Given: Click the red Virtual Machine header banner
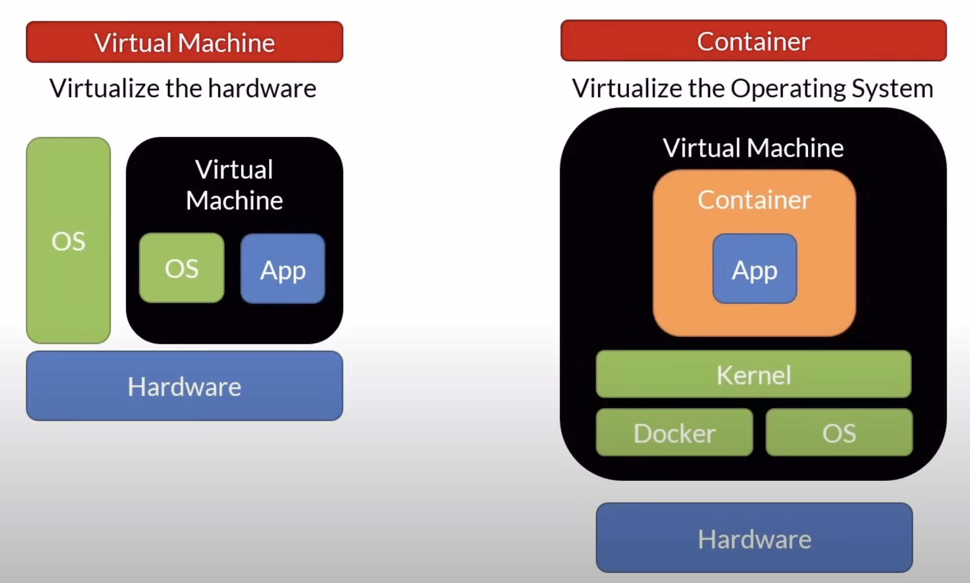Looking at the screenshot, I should [184, 42].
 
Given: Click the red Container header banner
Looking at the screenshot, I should [753, 41].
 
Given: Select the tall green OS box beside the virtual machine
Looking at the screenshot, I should [68, 240].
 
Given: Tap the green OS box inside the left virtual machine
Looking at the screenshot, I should [181, 268].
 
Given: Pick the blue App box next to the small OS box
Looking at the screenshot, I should [282, 269].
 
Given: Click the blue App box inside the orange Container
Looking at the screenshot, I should [754, 269].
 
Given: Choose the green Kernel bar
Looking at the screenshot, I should [753, 374].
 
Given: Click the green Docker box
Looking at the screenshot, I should [674, 432].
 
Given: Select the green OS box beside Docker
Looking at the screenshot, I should [839, 432].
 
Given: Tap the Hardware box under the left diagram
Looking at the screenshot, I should [184, 386].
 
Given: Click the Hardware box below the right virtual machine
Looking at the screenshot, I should [754, 538].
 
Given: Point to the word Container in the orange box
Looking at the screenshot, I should [754, 200].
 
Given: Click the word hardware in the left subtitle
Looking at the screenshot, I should [262, 88].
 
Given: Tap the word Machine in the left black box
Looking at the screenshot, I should [234, 200].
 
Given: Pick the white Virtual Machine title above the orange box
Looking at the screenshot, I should [753, 148].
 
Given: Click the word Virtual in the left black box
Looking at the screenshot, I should [234, 169].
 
